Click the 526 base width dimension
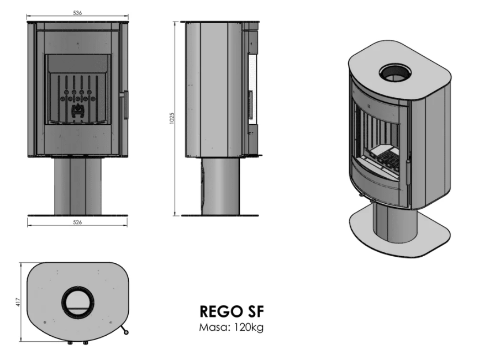(77, 222)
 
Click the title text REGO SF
(228, 312)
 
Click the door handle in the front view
(125, 105)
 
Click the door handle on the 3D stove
(408, 171)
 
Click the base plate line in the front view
(77, 215)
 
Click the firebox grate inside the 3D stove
(386, 161)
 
